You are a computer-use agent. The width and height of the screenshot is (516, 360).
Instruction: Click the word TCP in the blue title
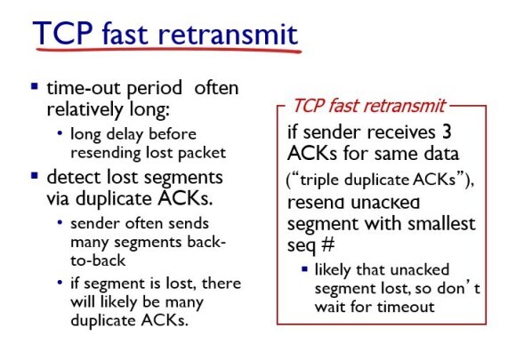pos(63,33)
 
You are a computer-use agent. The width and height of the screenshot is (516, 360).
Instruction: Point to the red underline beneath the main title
pos(168,51)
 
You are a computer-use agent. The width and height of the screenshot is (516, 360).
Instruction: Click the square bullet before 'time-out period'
pos(35,86)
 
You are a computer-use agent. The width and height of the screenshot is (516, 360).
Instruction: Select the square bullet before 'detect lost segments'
pos(35,175)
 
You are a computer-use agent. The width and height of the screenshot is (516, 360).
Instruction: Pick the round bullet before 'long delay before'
pos(60,133)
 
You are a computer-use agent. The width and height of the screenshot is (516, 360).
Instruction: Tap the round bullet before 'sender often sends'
pos(60,222)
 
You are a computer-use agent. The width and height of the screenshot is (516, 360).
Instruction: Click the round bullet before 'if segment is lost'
pos(60,283)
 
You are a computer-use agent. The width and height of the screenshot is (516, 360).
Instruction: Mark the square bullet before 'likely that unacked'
pos(305,269)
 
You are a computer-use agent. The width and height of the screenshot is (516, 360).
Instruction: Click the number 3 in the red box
pos(447,132)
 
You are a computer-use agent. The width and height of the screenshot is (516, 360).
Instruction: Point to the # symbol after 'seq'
pos(327,244)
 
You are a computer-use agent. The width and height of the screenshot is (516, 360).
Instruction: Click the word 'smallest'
pos(441,223)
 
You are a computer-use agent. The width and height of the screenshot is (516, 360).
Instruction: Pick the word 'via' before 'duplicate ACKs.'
pos(58,198)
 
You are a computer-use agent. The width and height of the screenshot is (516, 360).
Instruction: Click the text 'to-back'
pos(98,260)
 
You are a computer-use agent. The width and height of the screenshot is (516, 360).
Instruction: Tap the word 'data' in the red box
pos(441,154)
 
